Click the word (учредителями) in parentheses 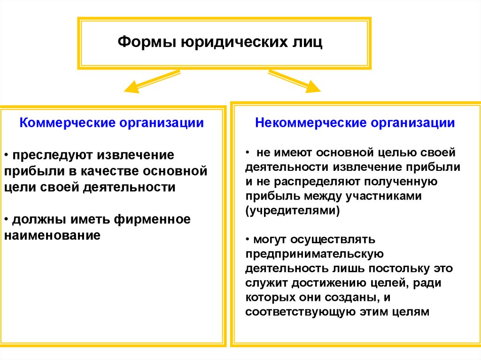click(292, 210)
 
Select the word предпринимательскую click(315, 254)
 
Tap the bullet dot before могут click(248, 240)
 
